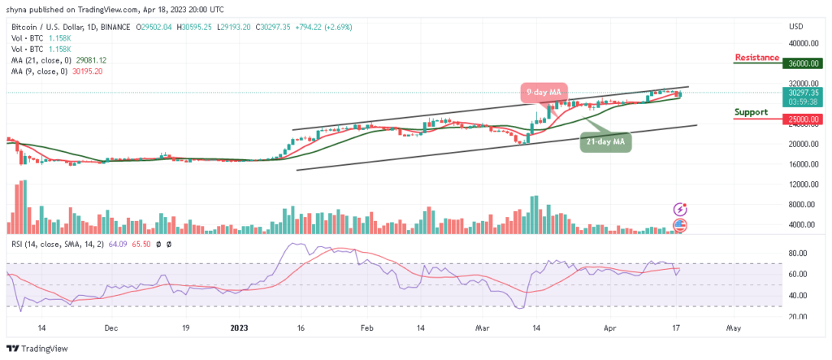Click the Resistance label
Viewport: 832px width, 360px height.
click(x=757, y=58)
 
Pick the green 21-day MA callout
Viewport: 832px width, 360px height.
click(x=607, y=141)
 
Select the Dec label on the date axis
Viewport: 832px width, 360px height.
click(x=111, y=327)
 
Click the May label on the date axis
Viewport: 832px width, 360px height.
click(x=733, y=327)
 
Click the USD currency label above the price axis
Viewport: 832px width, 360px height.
click(x=796, y=26)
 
